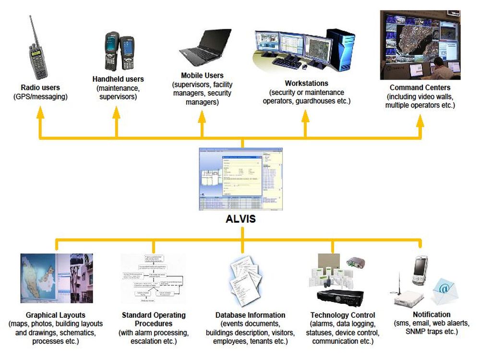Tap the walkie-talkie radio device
click(x=38, y=55)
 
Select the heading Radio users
click(x=40, y=88)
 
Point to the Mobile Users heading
click(x=202, y=75)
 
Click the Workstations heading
click(x=306, y=83)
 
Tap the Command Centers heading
click(x=420, y=88)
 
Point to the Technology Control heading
click(x=342, y=315)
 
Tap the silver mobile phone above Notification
click(x=420, y=271)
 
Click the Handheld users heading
click(x=118, y=79)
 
